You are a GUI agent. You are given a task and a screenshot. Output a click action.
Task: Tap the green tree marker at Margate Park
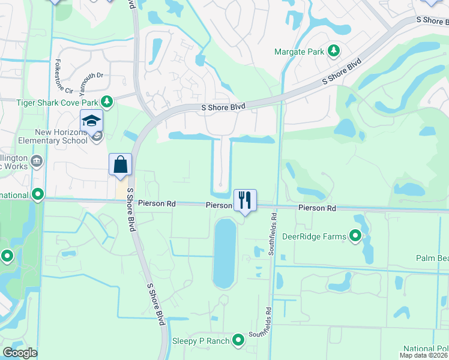pyautogui.click(x=333, y=52)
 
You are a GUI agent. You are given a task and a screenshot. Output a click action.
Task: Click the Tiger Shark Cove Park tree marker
pyautogui.click(x=107, y=102)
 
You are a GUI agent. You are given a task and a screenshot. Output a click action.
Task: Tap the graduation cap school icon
pyautogui.click(x=91, y=122)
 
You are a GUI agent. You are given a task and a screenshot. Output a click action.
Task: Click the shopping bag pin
pyautogui.click(x=120, y=164)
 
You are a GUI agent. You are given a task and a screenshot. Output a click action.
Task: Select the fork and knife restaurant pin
pyautogui.click(x=245, y=200)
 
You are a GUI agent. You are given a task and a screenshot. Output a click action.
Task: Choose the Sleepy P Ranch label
pyautogui.click(x=201, y=341)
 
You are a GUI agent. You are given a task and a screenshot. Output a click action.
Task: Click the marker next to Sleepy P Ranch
pyautogui.click(x=239, y=340)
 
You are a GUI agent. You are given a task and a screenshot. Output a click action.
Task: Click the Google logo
pyautogui.click(x=20, y=353)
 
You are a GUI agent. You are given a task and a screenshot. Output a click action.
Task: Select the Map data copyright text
pyautogui.click(x=423, y=356)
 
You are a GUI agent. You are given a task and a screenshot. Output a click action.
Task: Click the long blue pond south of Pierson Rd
pyautogui.click(x=224, y=253)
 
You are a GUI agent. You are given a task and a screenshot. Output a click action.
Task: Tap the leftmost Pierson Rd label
pyautogui.click(x=156, y=204)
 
